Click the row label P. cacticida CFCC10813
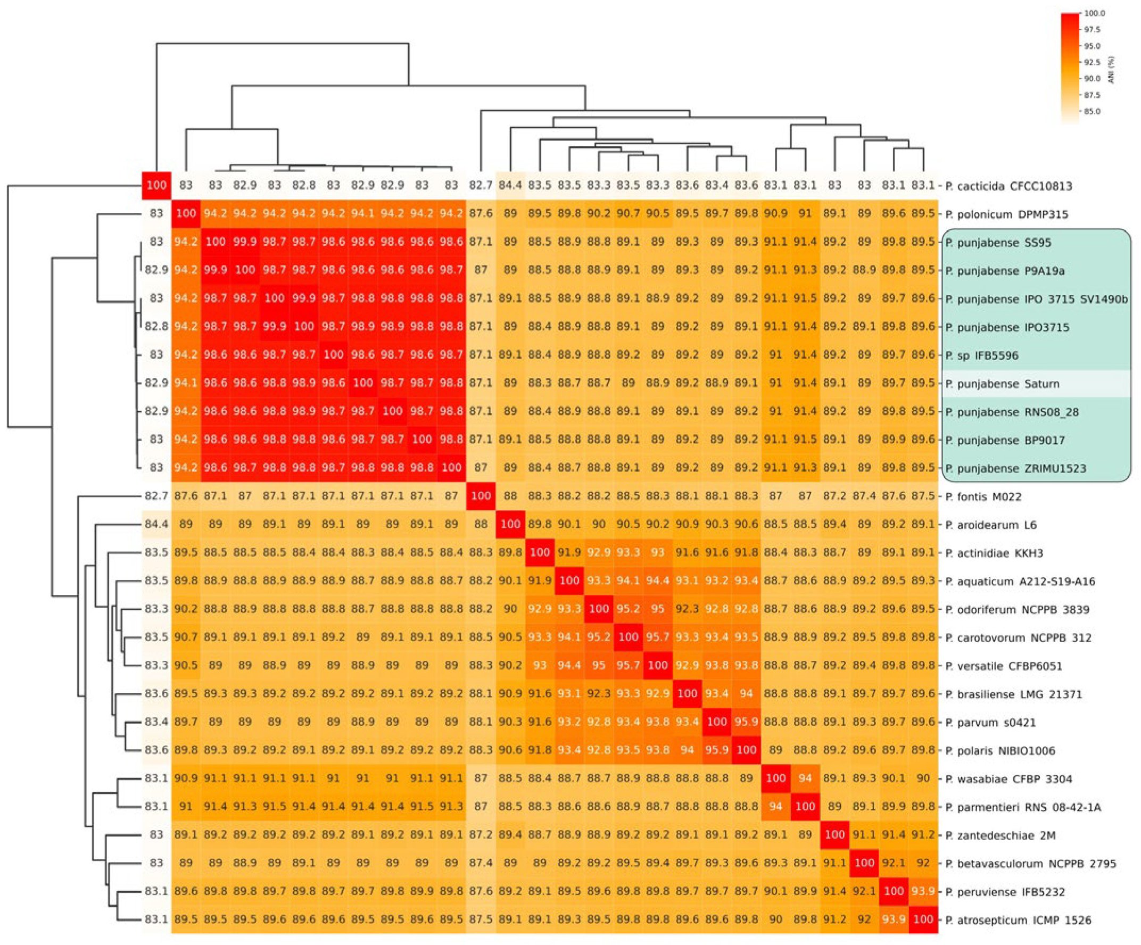1008,186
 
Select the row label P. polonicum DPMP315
1006,214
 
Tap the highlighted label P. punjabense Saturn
1003,384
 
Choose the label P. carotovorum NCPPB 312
1018,638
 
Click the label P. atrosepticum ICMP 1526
1018,921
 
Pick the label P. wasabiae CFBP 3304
1008,780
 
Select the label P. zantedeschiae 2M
1001,836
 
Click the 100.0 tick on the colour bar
1095,29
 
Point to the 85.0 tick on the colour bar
1093,111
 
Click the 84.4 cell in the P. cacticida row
510,185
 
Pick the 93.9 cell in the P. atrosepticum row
894,919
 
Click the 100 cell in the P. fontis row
481,496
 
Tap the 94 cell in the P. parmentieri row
775,807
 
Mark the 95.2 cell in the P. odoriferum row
628,609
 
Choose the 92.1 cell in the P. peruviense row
864,891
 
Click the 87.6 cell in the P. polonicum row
481,213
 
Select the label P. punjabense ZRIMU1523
1015,469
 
